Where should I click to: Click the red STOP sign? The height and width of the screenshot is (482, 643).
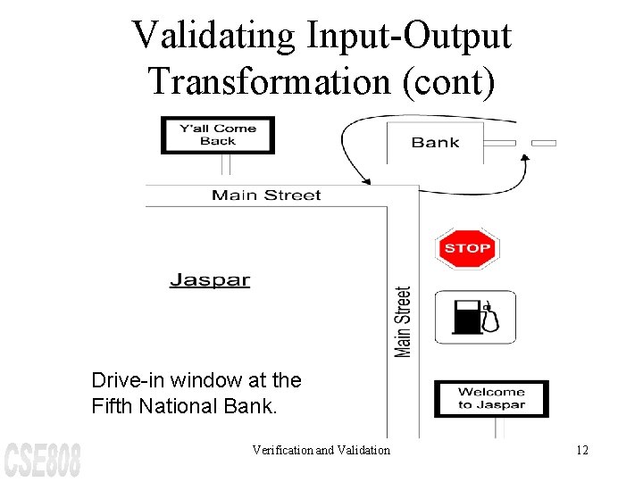coord(466,248)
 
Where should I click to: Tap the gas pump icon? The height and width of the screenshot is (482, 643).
coord(475,317)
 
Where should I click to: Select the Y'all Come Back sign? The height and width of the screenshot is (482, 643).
coord(218,135)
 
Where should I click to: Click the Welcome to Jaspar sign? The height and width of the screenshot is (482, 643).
coord(491,398)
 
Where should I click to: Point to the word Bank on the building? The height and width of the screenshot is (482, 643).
coord(435,142)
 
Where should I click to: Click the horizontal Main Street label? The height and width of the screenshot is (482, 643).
coord(266,195)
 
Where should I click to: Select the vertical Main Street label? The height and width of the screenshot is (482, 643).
coord(404,321)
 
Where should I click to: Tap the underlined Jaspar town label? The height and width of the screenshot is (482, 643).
coord(210,280)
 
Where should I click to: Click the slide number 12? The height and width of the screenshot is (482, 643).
coord(581,450)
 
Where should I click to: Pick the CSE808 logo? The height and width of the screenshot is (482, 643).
coord(42,458)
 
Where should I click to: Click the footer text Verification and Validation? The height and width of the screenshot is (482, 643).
coord(321,450)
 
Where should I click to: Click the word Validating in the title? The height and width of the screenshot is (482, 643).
coord(213,37)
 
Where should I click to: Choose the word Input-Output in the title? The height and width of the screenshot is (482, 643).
coord(408,37)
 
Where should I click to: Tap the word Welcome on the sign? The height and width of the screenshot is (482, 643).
coord(491,391)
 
